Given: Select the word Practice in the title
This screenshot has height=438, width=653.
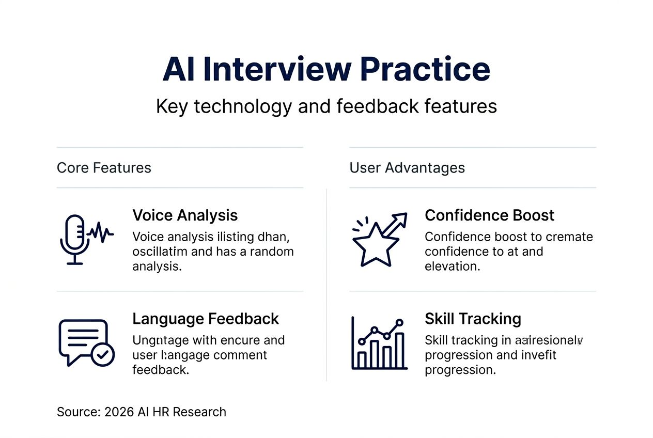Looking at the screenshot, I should click(x=424, y=69).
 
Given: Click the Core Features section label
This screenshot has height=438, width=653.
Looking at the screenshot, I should click(x=104, y=168).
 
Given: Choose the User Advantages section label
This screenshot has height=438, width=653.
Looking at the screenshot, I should click(x=407, y=168).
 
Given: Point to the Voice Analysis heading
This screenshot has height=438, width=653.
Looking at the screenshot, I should click(x=185, y=215).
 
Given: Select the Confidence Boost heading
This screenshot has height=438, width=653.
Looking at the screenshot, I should click(x=489, y=215).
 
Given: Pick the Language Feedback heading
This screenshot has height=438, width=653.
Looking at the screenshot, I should click(x=206, y=319).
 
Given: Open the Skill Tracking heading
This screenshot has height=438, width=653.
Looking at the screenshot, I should click(x=473, y=319).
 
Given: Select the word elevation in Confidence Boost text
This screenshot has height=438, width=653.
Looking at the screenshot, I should click(x=452, y=266).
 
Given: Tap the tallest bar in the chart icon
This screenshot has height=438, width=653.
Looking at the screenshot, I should click(x=399, y=350).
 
